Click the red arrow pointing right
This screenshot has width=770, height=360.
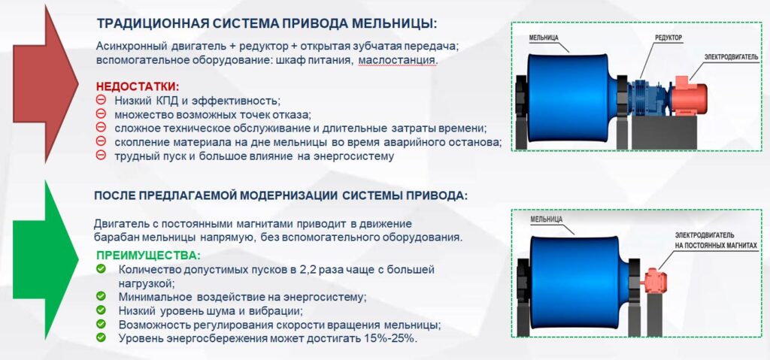45,83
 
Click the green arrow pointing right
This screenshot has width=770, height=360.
45,259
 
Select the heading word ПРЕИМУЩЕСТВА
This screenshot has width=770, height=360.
148,256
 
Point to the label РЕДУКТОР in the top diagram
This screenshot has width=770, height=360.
668,38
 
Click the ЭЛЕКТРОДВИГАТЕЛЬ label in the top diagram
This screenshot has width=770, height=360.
731,57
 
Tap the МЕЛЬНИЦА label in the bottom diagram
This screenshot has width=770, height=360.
546,219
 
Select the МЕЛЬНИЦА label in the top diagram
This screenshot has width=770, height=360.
544,38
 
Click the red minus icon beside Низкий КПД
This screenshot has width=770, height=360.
101,99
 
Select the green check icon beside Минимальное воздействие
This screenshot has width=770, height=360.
101,296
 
